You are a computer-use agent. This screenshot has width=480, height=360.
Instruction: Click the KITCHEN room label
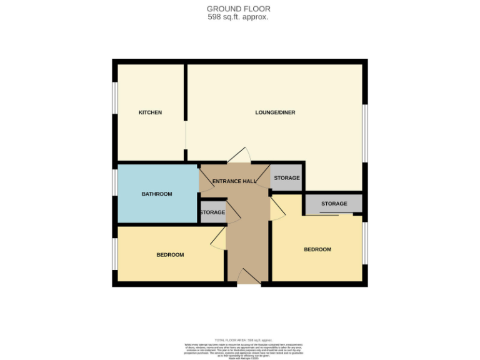pos(150,112)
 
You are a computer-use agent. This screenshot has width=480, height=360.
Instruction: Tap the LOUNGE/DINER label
pos(275,112)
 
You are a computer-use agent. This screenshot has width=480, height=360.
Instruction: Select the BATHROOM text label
pos(156,194)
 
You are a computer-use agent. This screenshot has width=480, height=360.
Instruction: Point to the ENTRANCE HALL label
pos(234,181)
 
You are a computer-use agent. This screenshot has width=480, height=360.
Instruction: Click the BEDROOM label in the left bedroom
pos(170,254)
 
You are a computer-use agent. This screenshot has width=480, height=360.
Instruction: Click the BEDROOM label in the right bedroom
pos(317,249)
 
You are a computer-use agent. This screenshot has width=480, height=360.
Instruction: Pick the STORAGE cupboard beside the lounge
pos(287,178)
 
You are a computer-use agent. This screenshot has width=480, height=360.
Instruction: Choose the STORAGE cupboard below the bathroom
pos(212,212)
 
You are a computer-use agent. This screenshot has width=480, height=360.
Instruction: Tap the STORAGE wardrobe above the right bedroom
pos(334,204)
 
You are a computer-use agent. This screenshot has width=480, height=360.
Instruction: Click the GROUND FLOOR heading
pos(239,9)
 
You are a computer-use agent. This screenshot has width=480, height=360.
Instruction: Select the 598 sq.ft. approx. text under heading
pos(238,17)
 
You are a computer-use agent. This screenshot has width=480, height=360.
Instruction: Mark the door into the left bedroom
pos(218,238)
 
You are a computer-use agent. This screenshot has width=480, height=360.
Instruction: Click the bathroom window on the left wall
pos(115,186)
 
